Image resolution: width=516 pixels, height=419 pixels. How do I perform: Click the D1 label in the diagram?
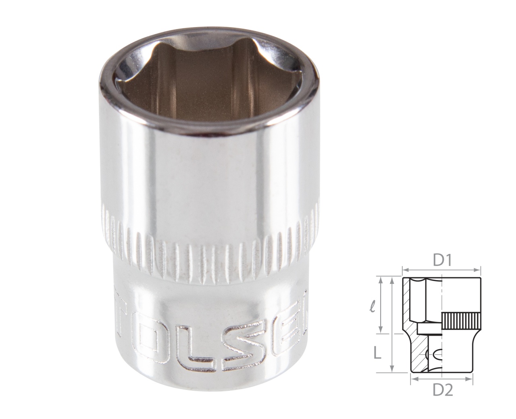click(x=441, y=261)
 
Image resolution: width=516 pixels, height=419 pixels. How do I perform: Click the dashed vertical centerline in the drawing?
click(x=442, y=307)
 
